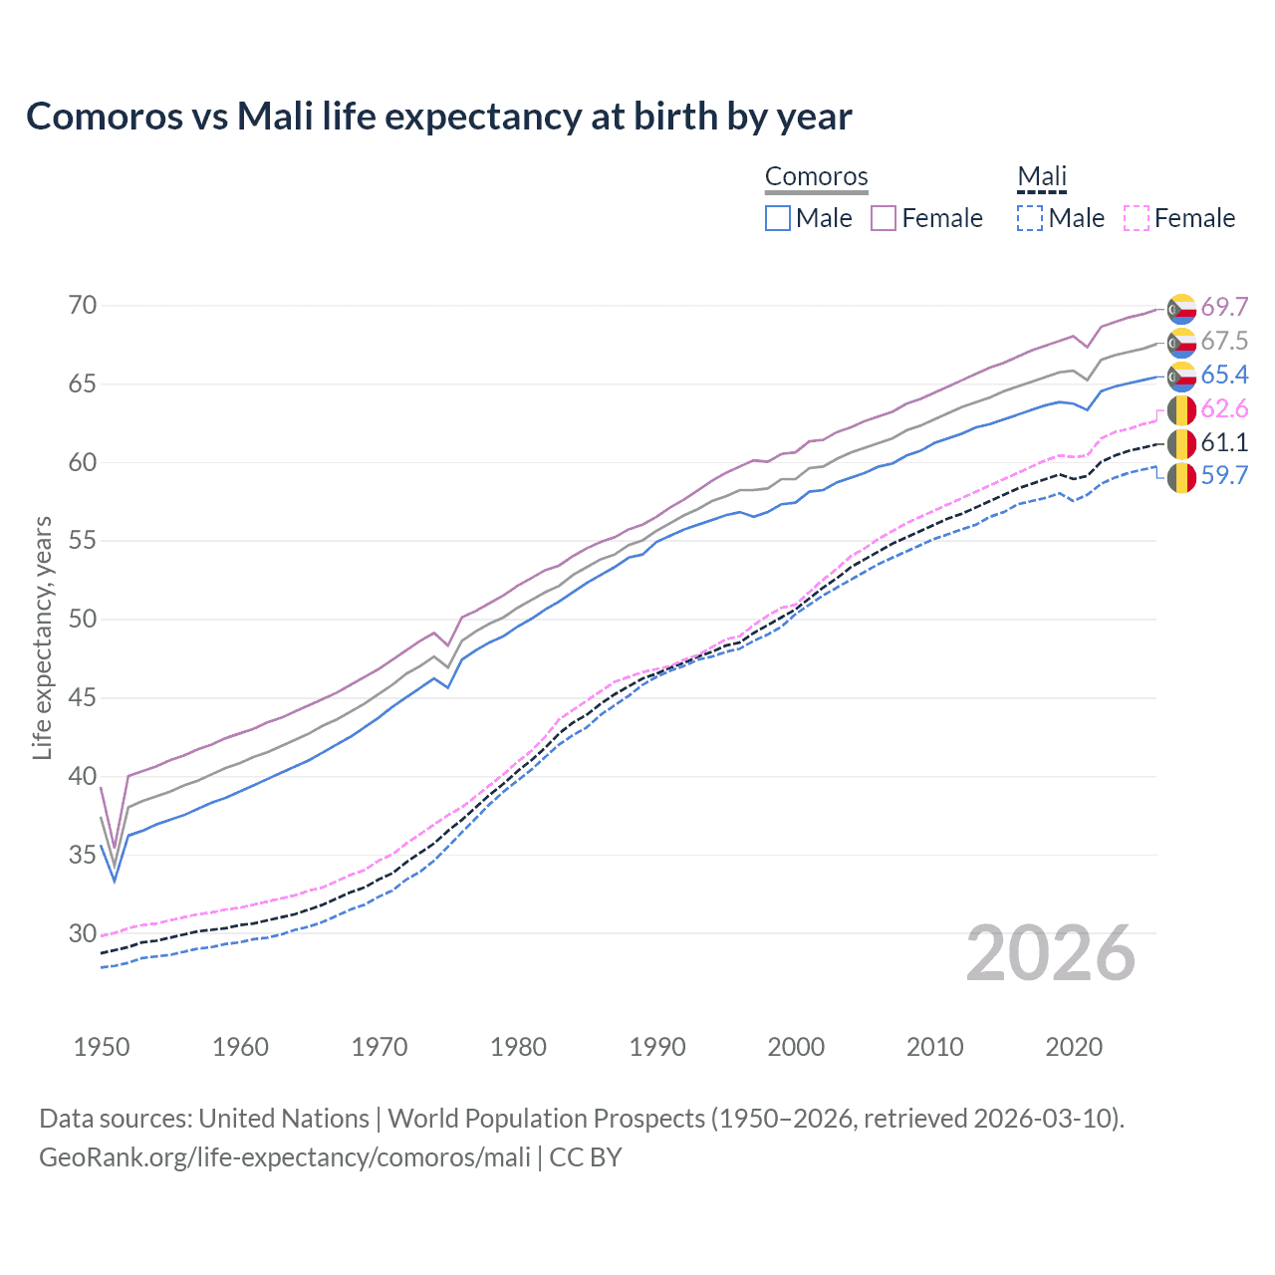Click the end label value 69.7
(x=1224, y=307)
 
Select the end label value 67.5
(x=1224, y=341)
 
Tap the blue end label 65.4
(x=1224, y=375)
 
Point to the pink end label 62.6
(x=1224, y=408)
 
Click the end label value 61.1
(x=1224, y=442)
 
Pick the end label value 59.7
(x=1224, y=475)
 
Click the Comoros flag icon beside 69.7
(x=1181, y=309)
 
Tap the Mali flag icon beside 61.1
(x=1181, y=444)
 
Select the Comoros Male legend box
(x=778, y=218)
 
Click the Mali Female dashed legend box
(x=1137, y=218)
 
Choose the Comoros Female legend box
(x=884, y=218)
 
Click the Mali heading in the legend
(x=1042, y=177)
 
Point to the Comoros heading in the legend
(x=817, y=177)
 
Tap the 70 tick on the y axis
(x=83, y=305)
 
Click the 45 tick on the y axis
(x=83, y=697)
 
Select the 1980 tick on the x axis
(x=518, y=1047)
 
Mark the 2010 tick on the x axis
(x=934, y=1047)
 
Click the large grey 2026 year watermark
(x=1051, y=954)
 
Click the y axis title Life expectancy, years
(x=42, y=637)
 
